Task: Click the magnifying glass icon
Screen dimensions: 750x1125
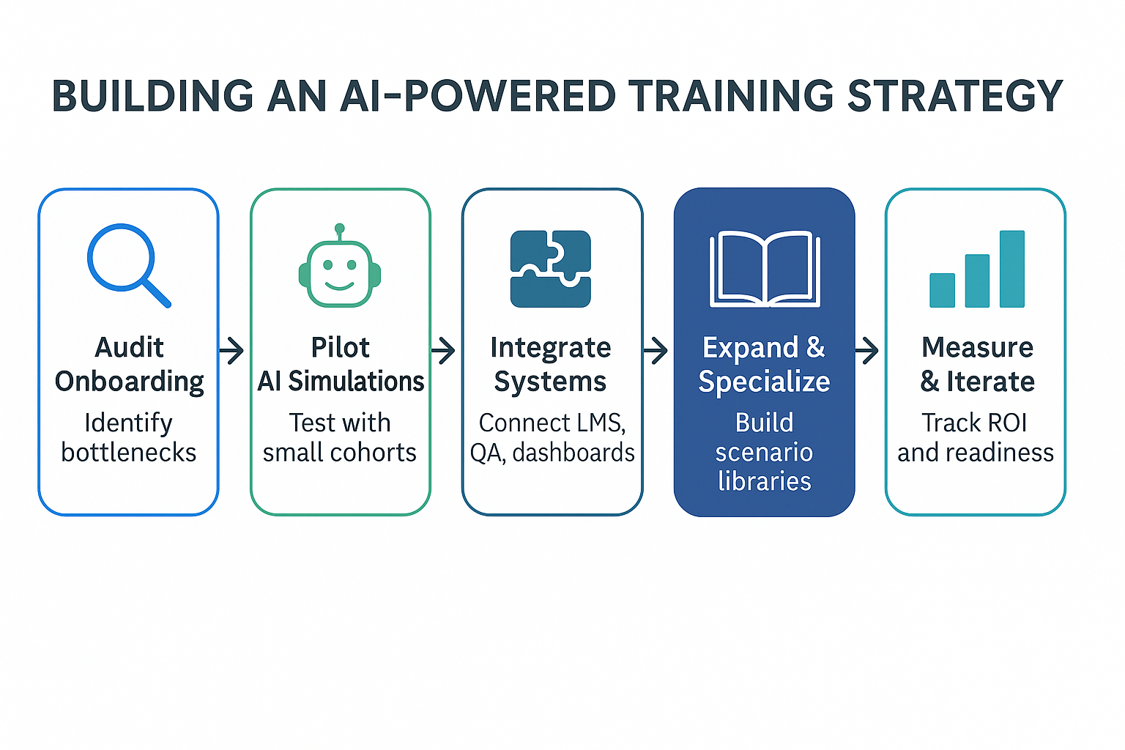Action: [125, 262]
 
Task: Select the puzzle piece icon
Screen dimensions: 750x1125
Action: [551, 269]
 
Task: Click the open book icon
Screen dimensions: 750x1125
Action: [765, 269]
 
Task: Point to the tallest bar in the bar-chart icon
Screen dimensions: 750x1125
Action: [1011, 269]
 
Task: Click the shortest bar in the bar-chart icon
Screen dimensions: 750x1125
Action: [942, 290]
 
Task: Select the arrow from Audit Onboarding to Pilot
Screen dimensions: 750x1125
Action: [232, 351]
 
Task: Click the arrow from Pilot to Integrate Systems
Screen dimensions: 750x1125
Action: [444, 351]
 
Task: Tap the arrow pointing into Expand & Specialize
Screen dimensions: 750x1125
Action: [656, 351]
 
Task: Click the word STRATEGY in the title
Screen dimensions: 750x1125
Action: [954, 96]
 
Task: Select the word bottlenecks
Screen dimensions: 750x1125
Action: [129, 453]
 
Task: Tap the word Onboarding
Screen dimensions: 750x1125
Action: [130, 382]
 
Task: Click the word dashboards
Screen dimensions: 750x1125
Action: [573, 453]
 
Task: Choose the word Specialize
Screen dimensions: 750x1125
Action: [764, 382]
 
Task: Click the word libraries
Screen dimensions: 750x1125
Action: [765, 481]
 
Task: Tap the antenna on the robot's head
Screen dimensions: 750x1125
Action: [339, 229]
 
